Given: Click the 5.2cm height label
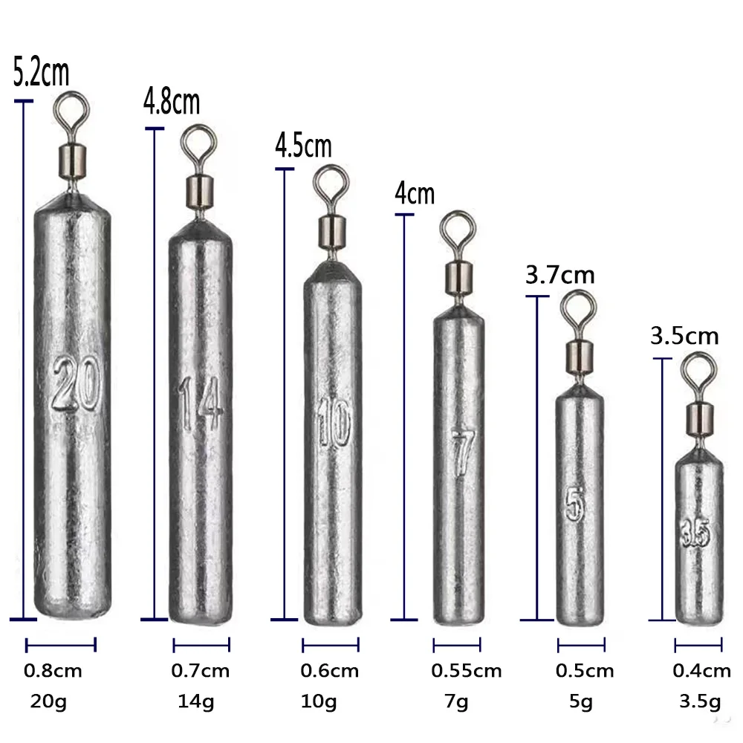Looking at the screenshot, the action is click(x=41, y=73).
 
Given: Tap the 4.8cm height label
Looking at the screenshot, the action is click(x=172, y=101).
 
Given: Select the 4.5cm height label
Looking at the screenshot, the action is click(x=303, y=146).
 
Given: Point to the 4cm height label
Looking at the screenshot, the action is click(x=415, y=193).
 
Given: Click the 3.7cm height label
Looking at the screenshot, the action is click(x=560, y=276).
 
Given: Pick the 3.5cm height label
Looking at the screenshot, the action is click(x=684, y=337).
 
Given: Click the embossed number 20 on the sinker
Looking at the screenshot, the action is click(x=76, y=383).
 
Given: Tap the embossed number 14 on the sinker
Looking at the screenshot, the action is click(x=201, y=403).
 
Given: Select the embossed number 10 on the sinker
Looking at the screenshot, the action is click(x=334, y=422).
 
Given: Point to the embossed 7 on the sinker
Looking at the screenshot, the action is click(x=461, y=452).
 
